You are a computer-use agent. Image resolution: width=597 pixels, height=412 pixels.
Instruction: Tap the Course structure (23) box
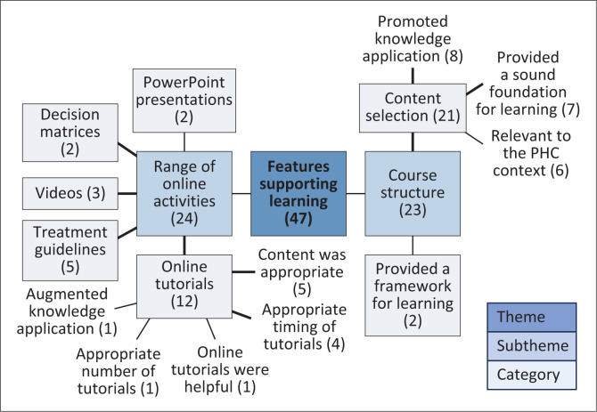412,192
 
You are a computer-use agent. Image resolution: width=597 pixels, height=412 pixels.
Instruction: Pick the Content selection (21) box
412,108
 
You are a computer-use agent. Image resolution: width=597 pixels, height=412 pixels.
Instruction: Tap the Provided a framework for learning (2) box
412,295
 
